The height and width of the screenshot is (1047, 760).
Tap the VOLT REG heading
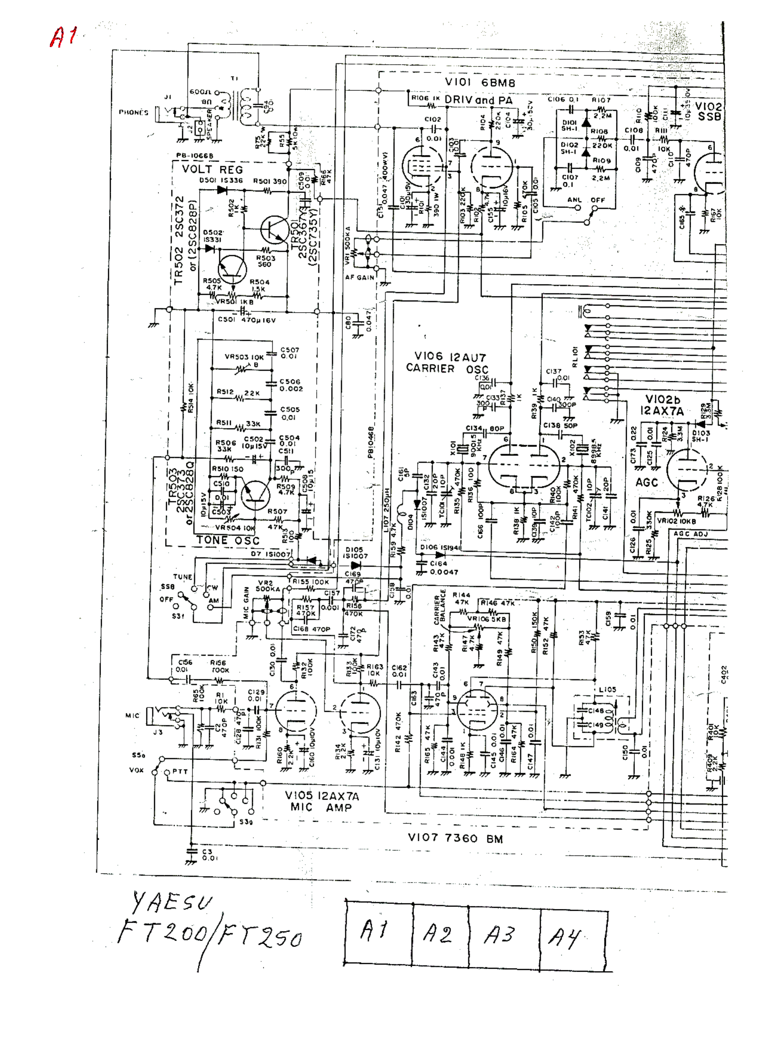point(212,169)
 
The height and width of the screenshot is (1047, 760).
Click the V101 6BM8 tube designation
point(479,83)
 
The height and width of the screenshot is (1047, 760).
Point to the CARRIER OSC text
point(446,369)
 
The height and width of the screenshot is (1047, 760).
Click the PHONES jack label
point(133,112)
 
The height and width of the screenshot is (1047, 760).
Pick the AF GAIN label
point(359,277)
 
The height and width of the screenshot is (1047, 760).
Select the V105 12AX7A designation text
point(321,796)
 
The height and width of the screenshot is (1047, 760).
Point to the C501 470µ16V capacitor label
point(246,320)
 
